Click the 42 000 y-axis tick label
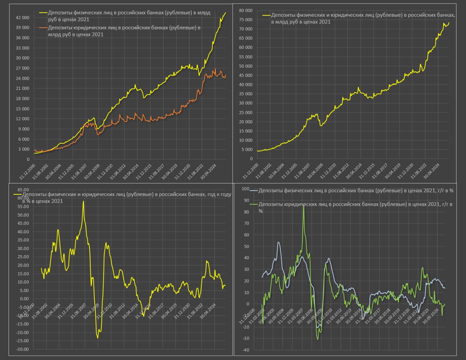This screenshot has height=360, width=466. [x=23, y=17]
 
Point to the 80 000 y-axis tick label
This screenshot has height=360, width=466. [x=246, y=10]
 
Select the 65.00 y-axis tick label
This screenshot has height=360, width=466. [x=23, y=190]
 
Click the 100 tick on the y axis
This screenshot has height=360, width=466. [x=245, y=189]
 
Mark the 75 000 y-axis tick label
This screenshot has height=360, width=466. [x=246, y=20]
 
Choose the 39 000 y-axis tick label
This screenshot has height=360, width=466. [x=23, y=28]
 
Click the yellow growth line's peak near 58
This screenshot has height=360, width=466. [x=83, y=201]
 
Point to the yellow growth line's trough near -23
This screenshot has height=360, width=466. [x=98, y=338]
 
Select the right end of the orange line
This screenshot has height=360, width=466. [x=226, y=75]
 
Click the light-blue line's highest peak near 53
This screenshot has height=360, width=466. [x=279, y=242]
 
